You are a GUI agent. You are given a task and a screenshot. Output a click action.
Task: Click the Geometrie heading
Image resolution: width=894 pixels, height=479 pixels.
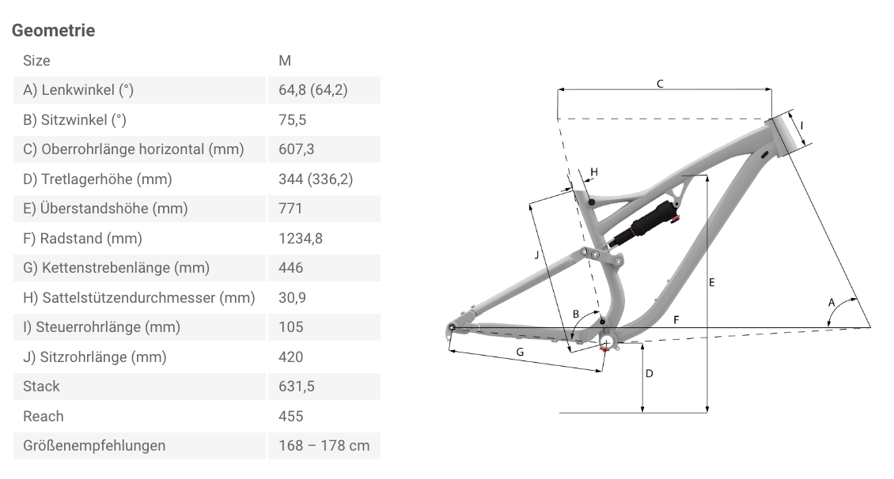pos(54,30)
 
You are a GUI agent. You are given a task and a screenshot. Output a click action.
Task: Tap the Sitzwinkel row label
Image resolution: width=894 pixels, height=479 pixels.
pos(74,120)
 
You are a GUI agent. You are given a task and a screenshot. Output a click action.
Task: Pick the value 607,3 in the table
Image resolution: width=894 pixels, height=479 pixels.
pos(297,149)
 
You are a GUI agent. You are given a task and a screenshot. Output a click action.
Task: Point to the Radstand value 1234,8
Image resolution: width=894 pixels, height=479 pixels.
pos(301,239)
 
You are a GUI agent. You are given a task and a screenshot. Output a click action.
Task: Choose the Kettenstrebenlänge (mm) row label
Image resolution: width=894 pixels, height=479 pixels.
pos(116,268)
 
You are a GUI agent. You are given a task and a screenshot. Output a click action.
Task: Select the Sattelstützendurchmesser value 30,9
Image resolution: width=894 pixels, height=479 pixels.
pos(292,298)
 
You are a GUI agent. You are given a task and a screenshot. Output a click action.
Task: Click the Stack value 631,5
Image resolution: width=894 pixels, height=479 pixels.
pos(297,387)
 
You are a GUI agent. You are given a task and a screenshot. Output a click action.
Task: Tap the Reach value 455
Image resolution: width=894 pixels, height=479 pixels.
pos(291,417)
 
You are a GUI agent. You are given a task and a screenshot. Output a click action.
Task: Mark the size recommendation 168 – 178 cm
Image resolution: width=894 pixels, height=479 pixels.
pos(324,446)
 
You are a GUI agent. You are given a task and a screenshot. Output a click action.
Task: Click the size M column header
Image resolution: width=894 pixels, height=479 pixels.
pos(285,61)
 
